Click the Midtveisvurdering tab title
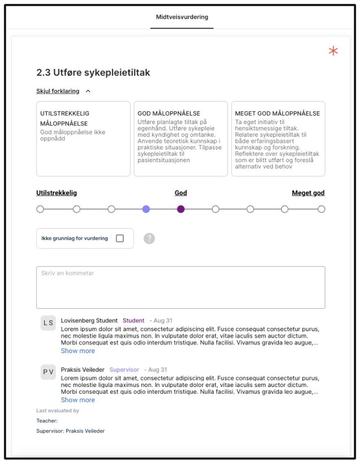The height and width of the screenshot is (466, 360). coord(182,17)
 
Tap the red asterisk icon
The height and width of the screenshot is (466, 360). coord(333,51)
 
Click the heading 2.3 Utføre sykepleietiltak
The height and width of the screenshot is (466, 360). coord(93,73)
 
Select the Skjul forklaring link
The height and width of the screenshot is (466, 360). coord(58,91)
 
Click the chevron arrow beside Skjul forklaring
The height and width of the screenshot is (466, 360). coord(88,91)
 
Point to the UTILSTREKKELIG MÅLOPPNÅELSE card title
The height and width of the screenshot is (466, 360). coord(64,118)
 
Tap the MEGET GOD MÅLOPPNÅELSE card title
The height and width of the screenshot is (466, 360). coord(277,113)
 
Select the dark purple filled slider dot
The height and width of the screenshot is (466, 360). coord(181,209)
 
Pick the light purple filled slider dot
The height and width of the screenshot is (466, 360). coord(146,209)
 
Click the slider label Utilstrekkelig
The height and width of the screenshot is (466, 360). coord(57,193)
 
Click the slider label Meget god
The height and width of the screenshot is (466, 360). coord(308,193)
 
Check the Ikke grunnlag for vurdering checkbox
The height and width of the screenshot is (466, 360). coord(120,238)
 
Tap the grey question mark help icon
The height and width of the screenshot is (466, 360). coord(149,238)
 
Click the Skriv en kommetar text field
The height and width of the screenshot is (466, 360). coord(180,287)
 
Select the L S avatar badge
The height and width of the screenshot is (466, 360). coord(48,323)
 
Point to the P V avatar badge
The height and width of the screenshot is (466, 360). coord(48,372)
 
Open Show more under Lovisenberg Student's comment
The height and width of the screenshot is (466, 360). coord(78,351)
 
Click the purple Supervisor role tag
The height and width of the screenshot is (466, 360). coord(124,370)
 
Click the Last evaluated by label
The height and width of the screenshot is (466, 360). coord(58,411)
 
